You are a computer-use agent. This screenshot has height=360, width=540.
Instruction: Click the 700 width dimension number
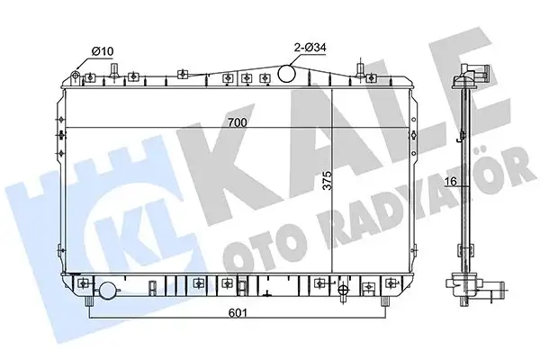[237, 121]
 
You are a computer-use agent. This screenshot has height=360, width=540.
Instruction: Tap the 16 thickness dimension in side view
[452, 182]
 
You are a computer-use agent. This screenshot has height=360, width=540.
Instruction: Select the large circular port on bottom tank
[109, 290]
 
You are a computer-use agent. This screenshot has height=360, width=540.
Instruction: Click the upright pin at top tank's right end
[363, 67]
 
